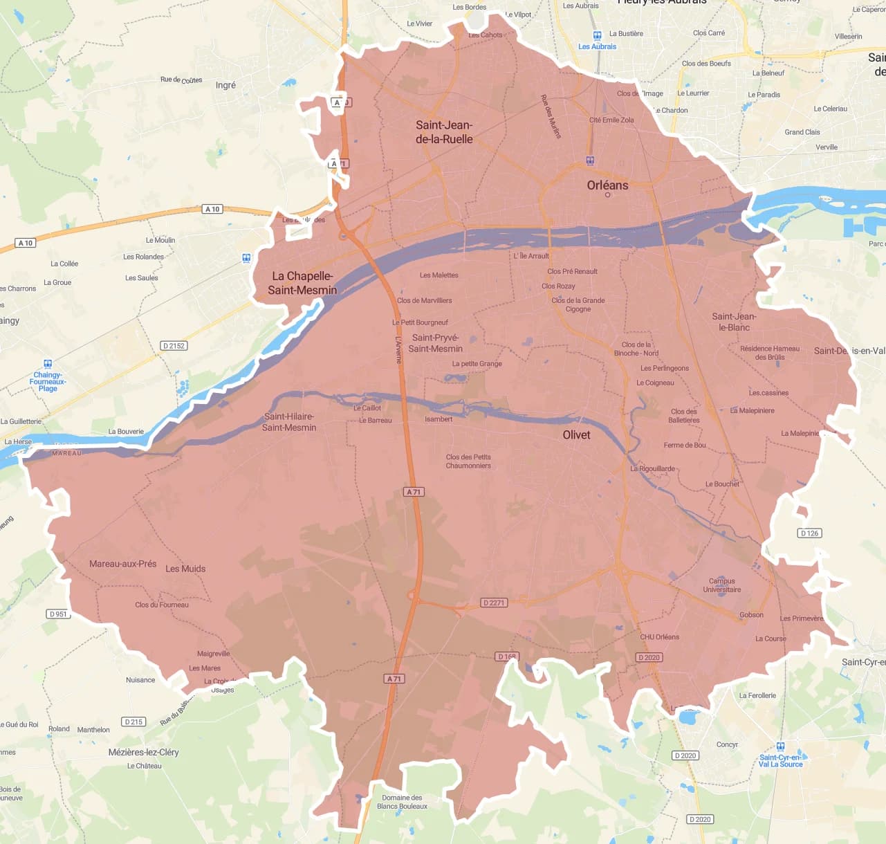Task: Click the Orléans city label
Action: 607,185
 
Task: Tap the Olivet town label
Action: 576,434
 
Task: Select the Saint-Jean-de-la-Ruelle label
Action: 444,132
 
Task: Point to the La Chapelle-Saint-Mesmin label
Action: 302,283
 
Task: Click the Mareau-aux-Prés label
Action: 122,564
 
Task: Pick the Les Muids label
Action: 185,569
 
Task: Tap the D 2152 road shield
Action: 174,345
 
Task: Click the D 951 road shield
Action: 59,614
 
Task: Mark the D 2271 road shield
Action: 494,603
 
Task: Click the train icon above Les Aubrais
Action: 597,35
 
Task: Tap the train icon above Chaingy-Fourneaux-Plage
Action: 48,364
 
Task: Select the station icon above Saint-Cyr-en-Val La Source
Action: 780,746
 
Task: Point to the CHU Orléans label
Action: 659,636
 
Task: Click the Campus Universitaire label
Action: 721,585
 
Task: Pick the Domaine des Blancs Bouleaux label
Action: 402,802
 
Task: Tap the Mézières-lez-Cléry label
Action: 143,752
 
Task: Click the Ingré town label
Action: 225,85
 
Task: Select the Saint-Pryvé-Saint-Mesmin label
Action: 435,343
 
